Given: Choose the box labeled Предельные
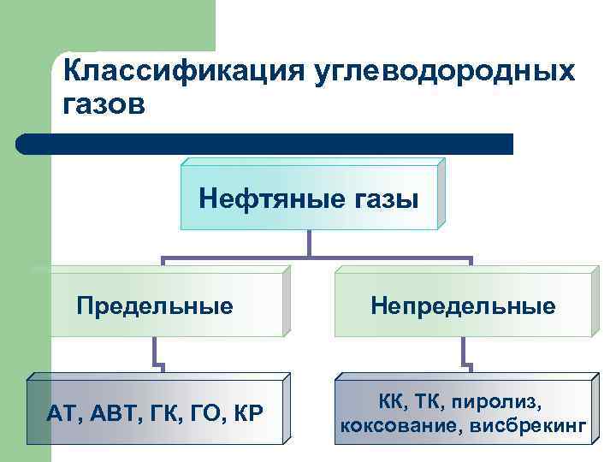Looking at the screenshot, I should pos(155,305).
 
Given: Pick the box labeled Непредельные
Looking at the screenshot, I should pos(463,305).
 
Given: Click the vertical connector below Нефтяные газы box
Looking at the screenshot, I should pos(309,242).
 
